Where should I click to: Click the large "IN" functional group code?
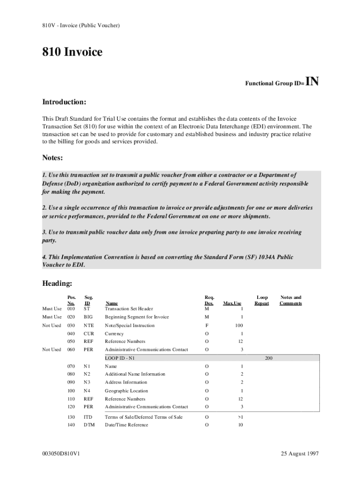(312, 82)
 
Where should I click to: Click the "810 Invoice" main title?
(72, 52)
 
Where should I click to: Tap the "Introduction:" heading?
(64, 102)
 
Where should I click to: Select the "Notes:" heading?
(52, 158)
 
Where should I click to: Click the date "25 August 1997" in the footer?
(299, 454)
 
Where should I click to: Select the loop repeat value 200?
(269, 358)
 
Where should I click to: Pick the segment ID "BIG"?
(88, 317)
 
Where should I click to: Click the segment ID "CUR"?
(88, 334)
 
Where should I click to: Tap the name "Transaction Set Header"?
(129, 309)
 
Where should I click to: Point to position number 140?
(71, 425)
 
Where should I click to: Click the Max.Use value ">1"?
(240, 417)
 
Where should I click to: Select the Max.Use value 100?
(239, 325)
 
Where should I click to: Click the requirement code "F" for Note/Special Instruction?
(207, 325)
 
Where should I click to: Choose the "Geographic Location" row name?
(126, 391)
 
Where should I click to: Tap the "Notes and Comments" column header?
(290, 300)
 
